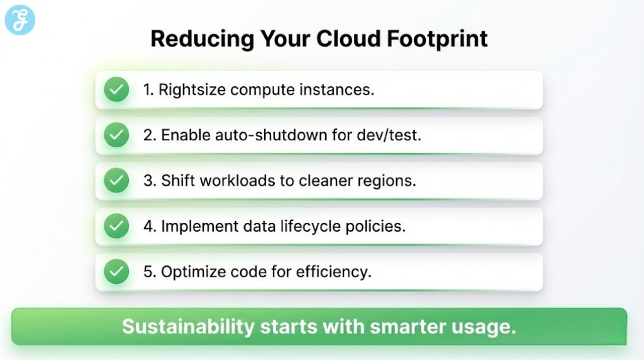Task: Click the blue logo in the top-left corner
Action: point(19,20)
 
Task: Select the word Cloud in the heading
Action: point(348,39)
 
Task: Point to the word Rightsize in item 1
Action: point(192,90)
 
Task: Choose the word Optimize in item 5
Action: point(191,272)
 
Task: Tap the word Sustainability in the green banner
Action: point(188,327)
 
